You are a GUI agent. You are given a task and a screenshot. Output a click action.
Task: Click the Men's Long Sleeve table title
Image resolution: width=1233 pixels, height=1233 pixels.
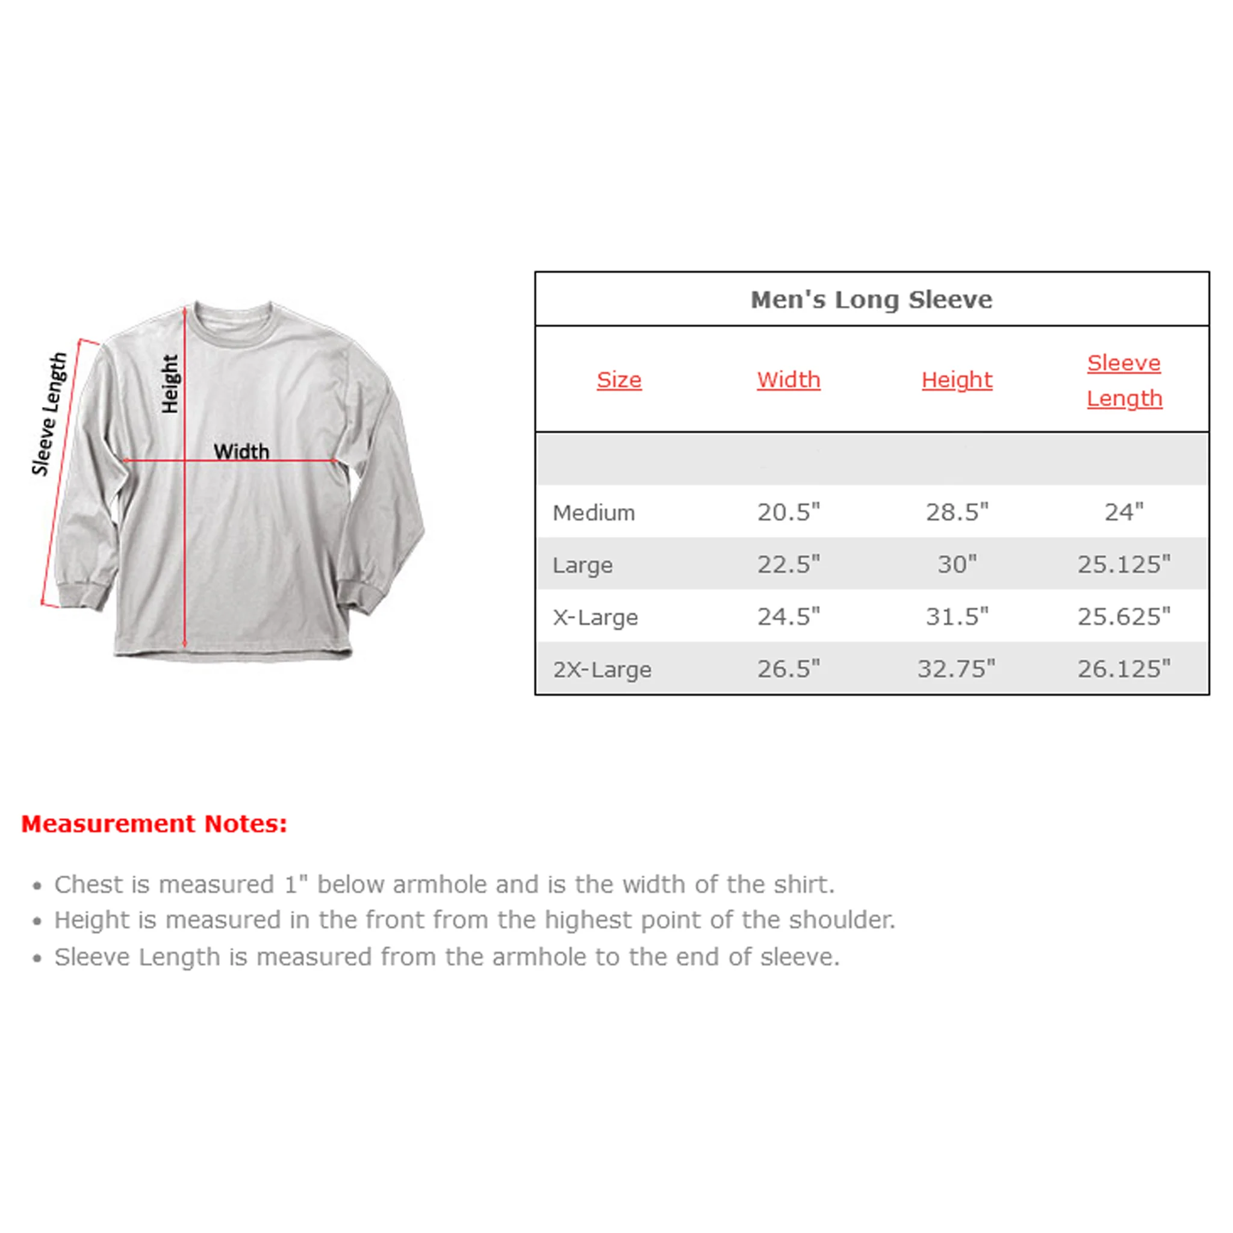(871, 299)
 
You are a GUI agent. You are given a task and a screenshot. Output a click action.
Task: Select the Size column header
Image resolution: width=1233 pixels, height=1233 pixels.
(619, 380)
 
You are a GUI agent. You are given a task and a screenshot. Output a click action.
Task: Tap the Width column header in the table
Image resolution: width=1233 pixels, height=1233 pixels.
(788, 380)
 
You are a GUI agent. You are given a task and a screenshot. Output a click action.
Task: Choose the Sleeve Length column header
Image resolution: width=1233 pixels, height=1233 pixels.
(1125, 380)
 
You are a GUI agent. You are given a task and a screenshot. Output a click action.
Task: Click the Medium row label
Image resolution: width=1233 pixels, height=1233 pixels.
(594, 512)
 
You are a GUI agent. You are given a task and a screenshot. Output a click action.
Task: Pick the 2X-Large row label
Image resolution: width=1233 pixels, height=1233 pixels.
(602, 669)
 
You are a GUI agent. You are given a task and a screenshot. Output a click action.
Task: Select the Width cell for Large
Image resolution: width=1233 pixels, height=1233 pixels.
(788, 564)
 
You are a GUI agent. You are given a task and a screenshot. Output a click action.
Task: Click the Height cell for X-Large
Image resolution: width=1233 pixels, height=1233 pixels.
(957, 616)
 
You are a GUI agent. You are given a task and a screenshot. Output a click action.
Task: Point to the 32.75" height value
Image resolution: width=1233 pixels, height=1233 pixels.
(956, 669)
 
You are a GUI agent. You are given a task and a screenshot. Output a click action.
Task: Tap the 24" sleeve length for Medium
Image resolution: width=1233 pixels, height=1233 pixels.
(1124, 512)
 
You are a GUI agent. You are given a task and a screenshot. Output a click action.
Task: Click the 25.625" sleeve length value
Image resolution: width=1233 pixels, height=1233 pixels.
(1124, 616)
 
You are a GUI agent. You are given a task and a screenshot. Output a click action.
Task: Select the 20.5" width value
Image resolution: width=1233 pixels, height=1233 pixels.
(788, 512)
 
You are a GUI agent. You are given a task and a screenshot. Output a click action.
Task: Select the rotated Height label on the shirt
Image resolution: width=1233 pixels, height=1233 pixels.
(170, 384)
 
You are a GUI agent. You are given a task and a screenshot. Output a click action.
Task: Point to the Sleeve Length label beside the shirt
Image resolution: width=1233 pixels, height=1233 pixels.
(49, 414)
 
